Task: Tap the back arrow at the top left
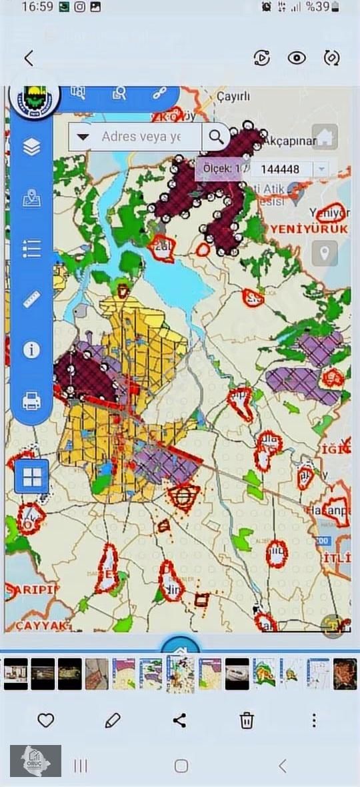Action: click(x=28, y=58)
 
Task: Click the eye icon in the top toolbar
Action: click(x=297, y=57)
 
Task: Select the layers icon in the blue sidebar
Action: click(x=31, y=147)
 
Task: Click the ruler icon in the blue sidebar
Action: click(x=31, y=299)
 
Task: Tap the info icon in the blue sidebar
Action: click(x=31, y=349)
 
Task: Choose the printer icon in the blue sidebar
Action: click(x=31, y=401)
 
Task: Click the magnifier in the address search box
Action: click(x=217, y=137)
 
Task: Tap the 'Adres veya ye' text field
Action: click(x=140, y=137)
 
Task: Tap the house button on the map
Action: click(x=325, y=137)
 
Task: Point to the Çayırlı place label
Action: click(x=233, y=97)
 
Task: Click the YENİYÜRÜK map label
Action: click(x=309, y=229)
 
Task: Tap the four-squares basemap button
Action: click(x=31, y=476)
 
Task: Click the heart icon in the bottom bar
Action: click(x=45, y=720)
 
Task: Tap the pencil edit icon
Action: click(x=113, y=720)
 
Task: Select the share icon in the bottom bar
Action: click(x=179, y=720)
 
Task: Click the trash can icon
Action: click(x=247, y=720)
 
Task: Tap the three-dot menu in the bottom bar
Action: click(x=314, y=720)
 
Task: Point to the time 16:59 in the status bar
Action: click(x=37, y=7)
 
